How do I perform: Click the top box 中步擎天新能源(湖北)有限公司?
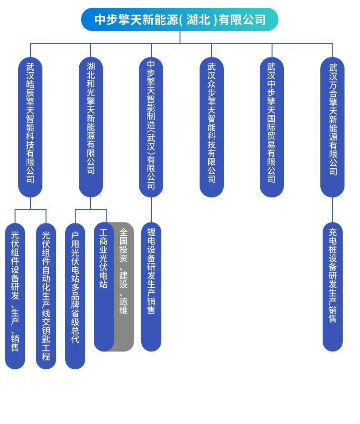coord(180,20)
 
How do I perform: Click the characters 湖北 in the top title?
coord(198,20)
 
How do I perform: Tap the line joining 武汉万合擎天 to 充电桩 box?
coord(333,210)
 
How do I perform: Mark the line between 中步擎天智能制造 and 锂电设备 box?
coord(151,210)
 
